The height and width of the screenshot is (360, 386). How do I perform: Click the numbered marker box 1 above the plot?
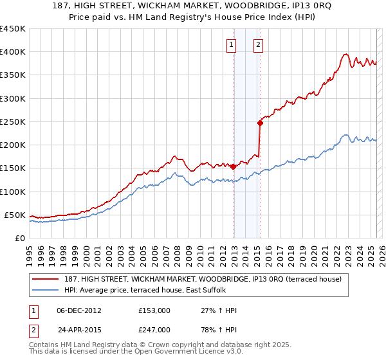pos(231,44)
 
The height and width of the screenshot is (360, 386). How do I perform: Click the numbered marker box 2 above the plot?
pos(258,44)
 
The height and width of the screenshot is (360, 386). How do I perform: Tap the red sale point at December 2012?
pos(233,166)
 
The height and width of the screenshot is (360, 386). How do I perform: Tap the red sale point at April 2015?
pos(260,123)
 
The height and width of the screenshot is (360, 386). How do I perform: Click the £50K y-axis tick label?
pos(15,215)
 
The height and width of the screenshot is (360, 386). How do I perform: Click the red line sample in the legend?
pos(46,279)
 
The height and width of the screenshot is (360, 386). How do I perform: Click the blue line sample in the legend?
pos(46,290)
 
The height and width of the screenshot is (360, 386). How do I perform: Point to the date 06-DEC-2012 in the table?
pos(79,310)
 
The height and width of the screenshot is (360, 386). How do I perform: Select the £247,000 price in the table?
pos(154,329)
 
